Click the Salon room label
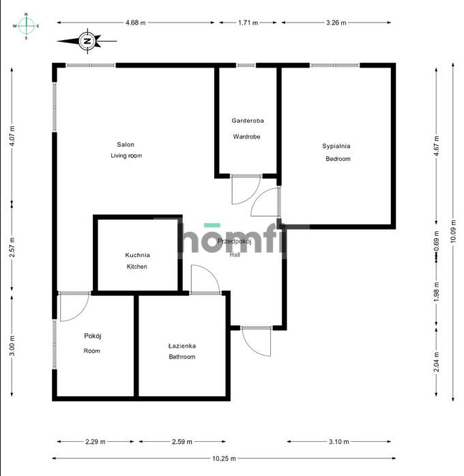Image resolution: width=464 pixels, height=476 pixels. (x=126, y=145)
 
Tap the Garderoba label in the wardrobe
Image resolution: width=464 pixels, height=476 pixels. (x=247, y=121)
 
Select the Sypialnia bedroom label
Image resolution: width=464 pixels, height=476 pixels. (x=336, y=146)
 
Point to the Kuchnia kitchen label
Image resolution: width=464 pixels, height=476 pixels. (x=137, y=256)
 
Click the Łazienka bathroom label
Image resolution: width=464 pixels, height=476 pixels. (x=182, y=346)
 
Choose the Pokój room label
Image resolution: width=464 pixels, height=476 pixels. (x=92, y=336)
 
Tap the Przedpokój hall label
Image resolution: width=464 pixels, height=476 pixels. (x=235, y=242)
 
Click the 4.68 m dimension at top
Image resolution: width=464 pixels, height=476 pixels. (x=136, y=23)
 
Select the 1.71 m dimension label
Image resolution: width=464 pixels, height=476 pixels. (x=248, y=23)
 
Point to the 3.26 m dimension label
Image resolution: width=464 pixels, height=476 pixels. (x=336, y=23)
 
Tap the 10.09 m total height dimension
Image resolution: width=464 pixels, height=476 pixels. (x=454, y=232)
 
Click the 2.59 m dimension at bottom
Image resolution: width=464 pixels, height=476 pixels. (x=181, y=442)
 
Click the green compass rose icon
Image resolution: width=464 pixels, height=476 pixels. (x=27, y=26)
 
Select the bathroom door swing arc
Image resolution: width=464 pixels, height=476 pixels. (x=205, y=279)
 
